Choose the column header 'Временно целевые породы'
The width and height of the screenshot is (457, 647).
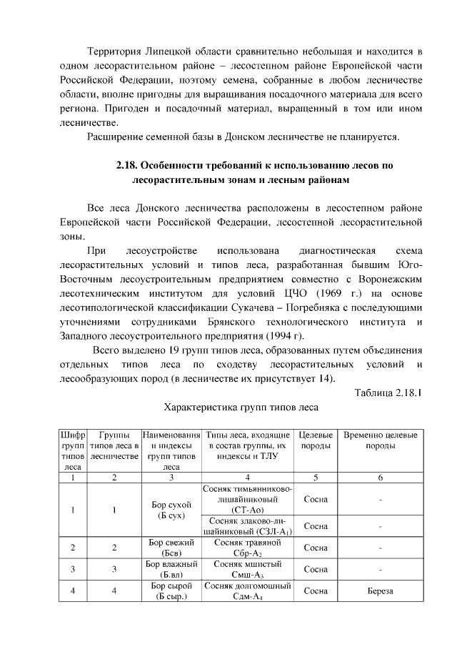(x=381, y=440)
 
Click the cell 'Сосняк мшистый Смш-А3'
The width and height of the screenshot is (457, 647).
(x=248, y=569)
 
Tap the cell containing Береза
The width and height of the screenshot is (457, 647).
(x=381, y=591)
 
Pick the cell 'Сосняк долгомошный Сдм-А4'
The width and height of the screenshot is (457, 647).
(x=248, y=591)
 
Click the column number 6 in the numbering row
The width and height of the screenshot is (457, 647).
(x=381, y=478)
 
